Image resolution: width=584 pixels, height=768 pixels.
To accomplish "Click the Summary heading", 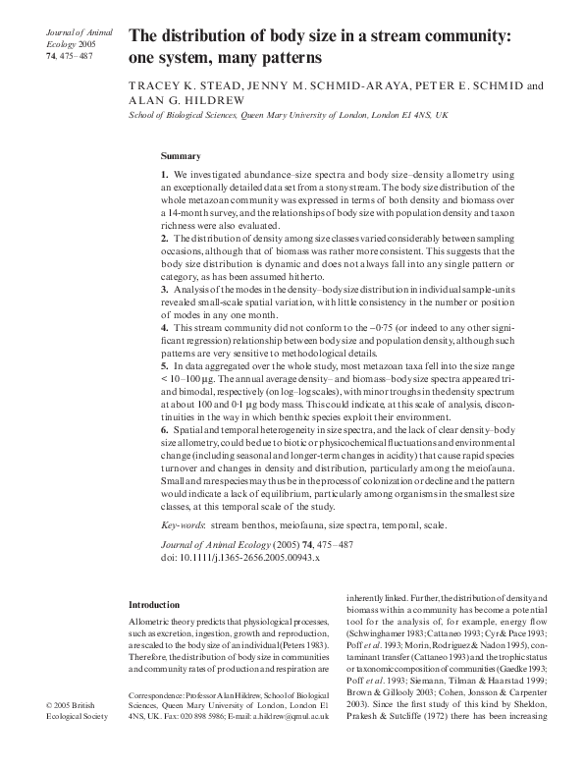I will (181, 156).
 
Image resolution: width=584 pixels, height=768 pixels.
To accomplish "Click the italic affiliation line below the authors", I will (289, 115).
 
